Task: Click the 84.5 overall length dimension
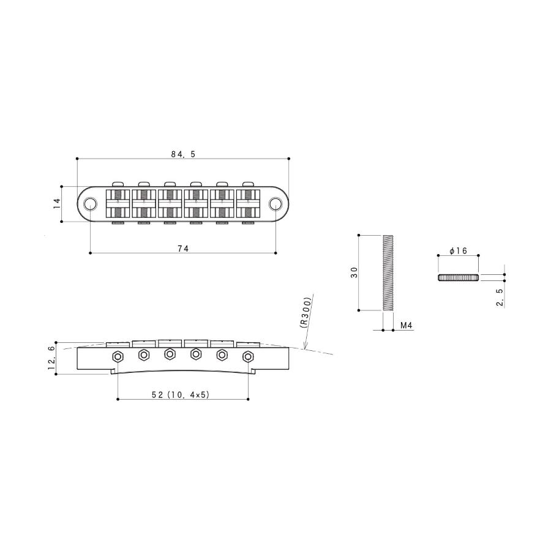[182, 154]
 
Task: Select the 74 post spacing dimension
[183, 249]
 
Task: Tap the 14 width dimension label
[57, 204]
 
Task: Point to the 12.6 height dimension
[51, 358]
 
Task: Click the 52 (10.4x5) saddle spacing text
[181, 395]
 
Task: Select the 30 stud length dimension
[354, 272]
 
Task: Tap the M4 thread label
[407, 326]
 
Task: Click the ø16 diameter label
[458, 250]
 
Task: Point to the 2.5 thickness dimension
[500, 298]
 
